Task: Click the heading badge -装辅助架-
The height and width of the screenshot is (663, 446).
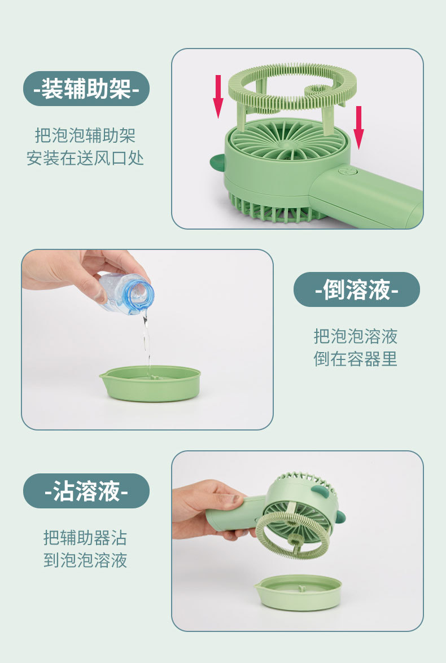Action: coord(86,89)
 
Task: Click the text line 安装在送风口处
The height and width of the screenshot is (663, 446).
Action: coord(85,158)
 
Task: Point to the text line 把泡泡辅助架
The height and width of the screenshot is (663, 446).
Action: coord(85,135)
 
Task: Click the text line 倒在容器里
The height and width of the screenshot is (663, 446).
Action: coord(356,359)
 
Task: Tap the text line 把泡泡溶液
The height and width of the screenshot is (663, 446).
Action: coord(356,336)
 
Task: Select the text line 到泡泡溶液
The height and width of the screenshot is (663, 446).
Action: coord(85,560)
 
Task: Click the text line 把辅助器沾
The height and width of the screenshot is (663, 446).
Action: coord(85,538)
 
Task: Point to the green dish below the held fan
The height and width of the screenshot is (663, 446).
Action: coord(298,592)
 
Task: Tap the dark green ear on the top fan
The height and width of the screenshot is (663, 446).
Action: coord(217,163)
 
